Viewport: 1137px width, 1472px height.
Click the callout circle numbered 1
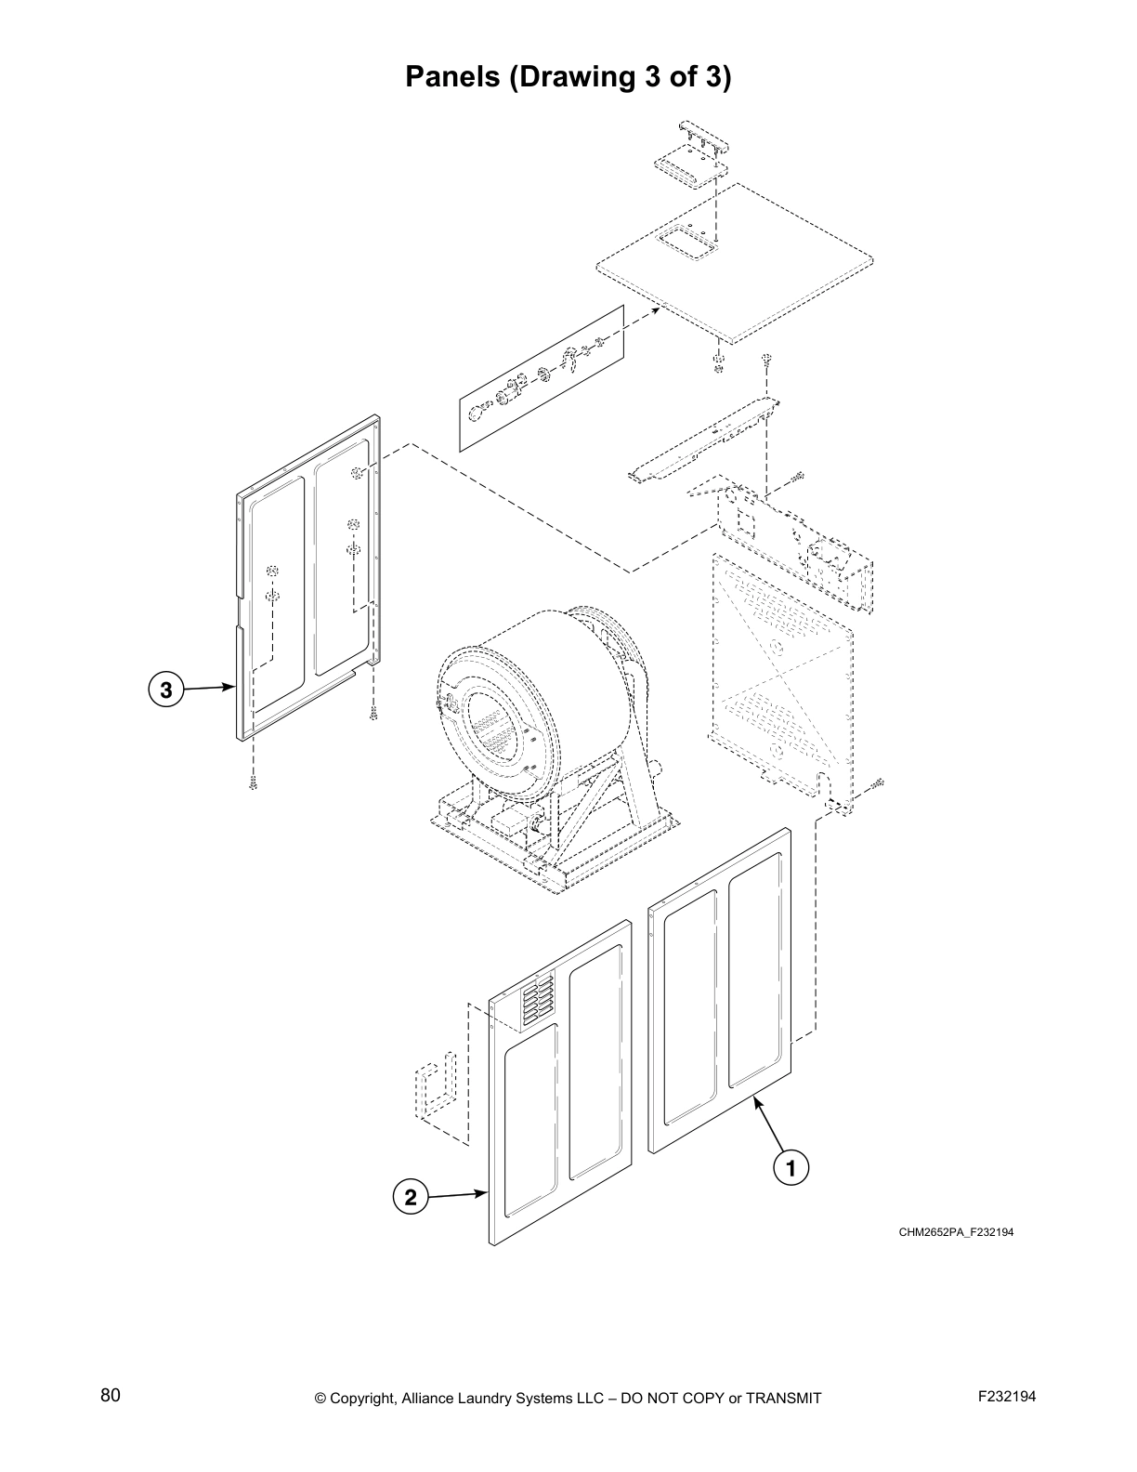click(x=791, y=1168)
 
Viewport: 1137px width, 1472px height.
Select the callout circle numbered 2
click(x=410, y=1197)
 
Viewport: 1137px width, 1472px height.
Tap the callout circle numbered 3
click(x=165, y=690)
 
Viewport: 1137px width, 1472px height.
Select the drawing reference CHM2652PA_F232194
click(x=955, y=1232)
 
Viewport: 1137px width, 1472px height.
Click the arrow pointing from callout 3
click(x=208, y=689)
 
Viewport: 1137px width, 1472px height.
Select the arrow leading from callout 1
click(x=766, y=1126)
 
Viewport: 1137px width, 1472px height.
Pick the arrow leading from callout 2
click(x=456, y=1194)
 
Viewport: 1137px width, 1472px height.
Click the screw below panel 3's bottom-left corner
click(x=253, y=783)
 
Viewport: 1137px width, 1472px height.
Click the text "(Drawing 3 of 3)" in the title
click(x=620, y=77)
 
